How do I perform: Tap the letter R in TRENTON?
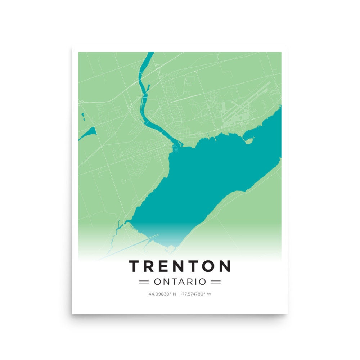pos(150,266)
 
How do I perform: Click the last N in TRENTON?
pos(225,266)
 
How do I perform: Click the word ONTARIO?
pos(180,282)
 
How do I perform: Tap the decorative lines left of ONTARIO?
pos(144,282)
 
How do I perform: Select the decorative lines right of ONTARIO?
pos(216,282)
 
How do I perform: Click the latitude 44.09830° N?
pos(162,294)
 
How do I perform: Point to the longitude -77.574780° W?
pos(196,294)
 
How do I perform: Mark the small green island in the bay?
pos(249,140)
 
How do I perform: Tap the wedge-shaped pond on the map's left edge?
pos(89,132)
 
